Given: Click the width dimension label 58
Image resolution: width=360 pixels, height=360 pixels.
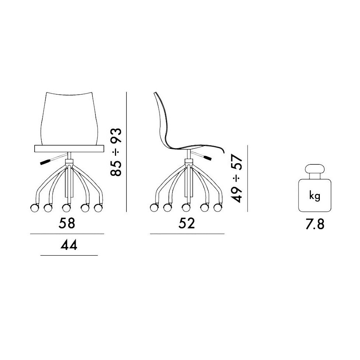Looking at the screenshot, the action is pyautogui.click(x=67, y=223).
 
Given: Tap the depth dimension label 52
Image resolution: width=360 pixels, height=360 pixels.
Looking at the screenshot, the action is pyautogui.click(x=187, y=223).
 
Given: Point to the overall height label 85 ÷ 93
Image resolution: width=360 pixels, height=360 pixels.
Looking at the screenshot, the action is pyautogui.click(x=116, y=152).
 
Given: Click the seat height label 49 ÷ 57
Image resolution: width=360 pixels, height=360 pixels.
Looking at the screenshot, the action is pyautogui.click(x=237, y=178).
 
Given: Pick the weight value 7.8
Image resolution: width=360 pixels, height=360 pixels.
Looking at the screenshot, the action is pyautogui.click(x=315, y=224).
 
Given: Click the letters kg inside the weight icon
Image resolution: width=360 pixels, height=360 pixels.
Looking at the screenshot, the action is pyautogui.click(x=315, y=196).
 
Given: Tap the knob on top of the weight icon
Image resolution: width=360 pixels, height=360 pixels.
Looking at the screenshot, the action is pyautogui.click(x=315, y=169).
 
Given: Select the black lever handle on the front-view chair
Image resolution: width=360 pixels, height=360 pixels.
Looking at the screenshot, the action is pyautogui.click(x=45, y=162).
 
